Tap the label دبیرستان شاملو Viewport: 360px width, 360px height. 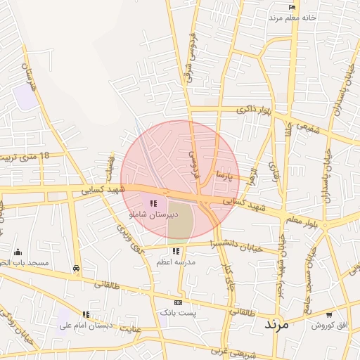tap(153, 212)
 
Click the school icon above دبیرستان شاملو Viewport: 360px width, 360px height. tap(153, 203)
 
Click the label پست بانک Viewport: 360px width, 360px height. tap(178, 311)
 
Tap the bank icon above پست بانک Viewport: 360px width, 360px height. tap(178, 302)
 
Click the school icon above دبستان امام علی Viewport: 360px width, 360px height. tap(86, 314)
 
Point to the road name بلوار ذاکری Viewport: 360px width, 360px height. tap(253, 110)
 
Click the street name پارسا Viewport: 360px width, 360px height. tap(224, 174)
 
